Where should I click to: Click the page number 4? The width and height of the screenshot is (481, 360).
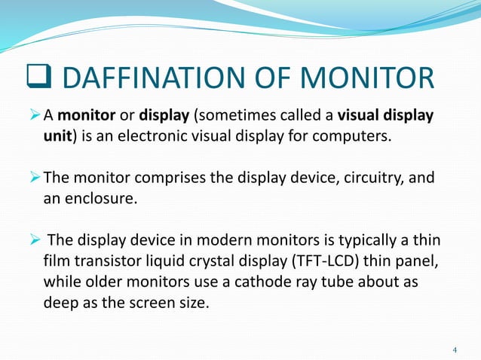pos(455,349)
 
